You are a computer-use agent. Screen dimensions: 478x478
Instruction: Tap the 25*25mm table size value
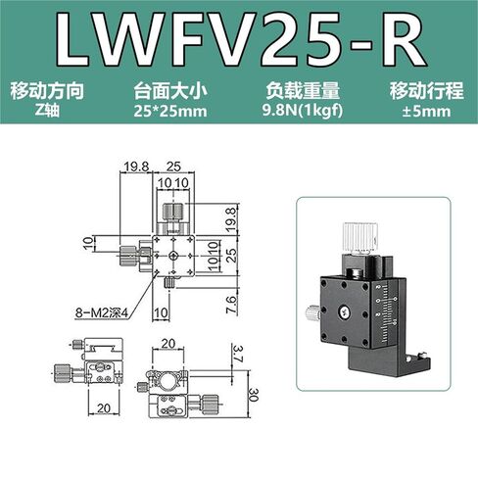(x=170, y=112)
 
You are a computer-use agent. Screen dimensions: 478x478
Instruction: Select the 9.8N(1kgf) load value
(x=303, y=112)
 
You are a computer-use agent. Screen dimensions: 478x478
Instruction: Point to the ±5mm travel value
(x=426, y=112)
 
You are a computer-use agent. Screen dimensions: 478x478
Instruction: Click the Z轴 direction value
(x=48, y=111)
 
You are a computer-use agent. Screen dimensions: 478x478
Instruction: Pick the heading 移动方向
(x=48, y=90)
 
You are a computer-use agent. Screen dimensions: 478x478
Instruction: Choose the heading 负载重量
(x=303, y=90)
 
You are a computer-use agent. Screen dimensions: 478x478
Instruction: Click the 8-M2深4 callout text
(x=102, y=313)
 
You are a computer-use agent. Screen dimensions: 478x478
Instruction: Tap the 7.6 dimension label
(x=231, y=305)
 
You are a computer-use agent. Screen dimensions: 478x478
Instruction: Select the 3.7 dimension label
(x=237, y=354)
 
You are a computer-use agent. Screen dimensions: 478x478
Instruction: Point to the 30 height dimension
(x=254, y=395)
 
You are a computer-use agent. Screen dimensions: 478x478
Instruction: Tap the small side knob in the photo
(x=312, y=313)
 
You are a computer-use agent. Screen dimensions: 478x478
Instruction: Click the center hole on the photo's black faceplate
(x=344, y=312)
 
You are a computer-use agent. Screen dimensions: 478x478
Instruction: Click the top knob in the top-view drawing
(x=173, y=213)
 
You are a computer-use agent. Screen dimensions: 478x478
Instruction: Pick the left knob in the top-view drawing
(x=128, y=256)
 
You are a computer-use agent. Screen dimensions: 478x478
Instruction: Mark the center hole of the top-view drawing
(x=173, y=256)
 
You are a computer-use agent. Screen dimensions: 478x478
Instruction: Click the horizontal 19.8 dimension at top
(x=136, y=167)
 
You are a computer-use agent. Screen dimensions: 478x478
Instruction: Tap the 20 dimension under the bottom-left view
(x=104, y=408)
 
